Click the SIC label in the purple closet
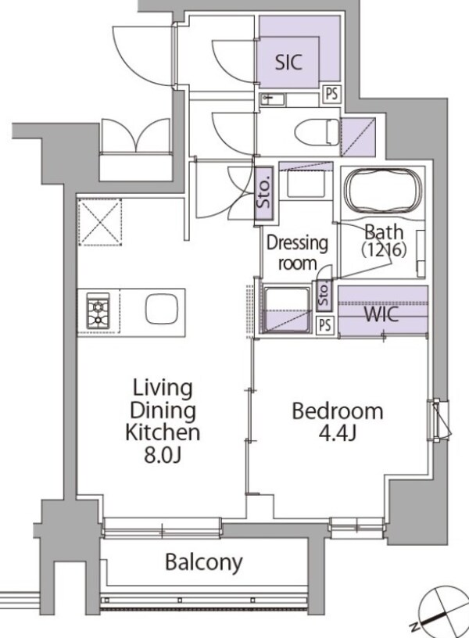click(288, 63)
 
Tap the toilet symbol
click(317, 132)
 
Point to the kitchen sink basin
click(162, 309)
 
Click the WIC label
click(381, 314)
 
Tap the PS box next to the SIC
click(332, 94)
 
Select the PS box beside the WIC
click(325, 325)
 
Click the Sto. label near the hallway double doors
click(264, 193)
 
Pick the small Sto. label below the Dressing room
click(324, 294)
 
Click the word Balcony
click(204, 562)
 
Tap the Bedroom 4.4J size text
click(338, 434)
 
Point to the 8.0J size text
click(163, 456)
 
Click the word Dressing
click(297, 244)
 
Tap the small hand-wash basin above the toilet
click(273, 99)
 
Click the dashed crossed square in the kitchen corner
click(100, 222)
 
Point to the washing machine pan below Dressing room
click(286, 310)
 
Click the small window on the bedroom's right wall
click(439, 420)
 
